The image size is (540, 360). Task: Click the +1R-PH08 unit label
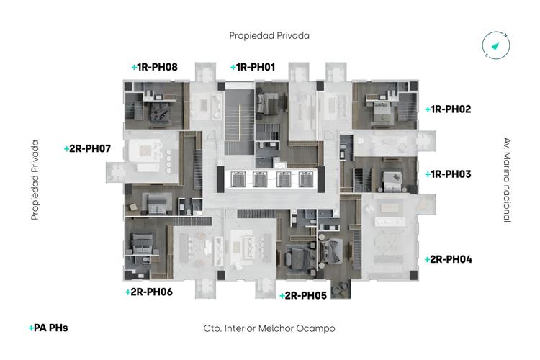[x=154, y=67]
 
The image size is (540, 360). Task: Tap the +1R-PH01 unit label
[x=253, y=67]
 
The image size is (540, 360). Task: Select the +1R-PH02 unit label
[x=448, y=109]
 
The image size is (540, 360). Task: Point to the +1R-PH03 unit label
[x=448, y=174]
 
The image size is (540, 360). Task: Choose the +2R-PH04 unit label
[x=448, y=259]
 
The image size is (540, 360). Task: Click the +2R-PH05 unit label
[x=303, y=295]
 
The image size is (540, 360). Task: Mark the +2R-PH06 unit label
[x=148, y=292]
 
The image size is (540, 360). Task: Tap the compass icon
[x=496, y=45]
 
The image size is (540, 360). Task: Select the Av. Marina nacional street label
[x=507, y=179]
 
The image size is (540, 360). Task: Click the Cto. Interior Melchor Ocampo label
[x=269, y=328]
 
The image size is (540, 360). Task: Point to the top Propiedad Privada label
[x=269, y=35]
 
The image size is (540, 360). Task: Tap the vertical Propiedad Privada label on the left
[x=34, y=179]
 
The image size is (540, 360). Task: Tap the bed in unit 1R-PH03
[x=392, y=179]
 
